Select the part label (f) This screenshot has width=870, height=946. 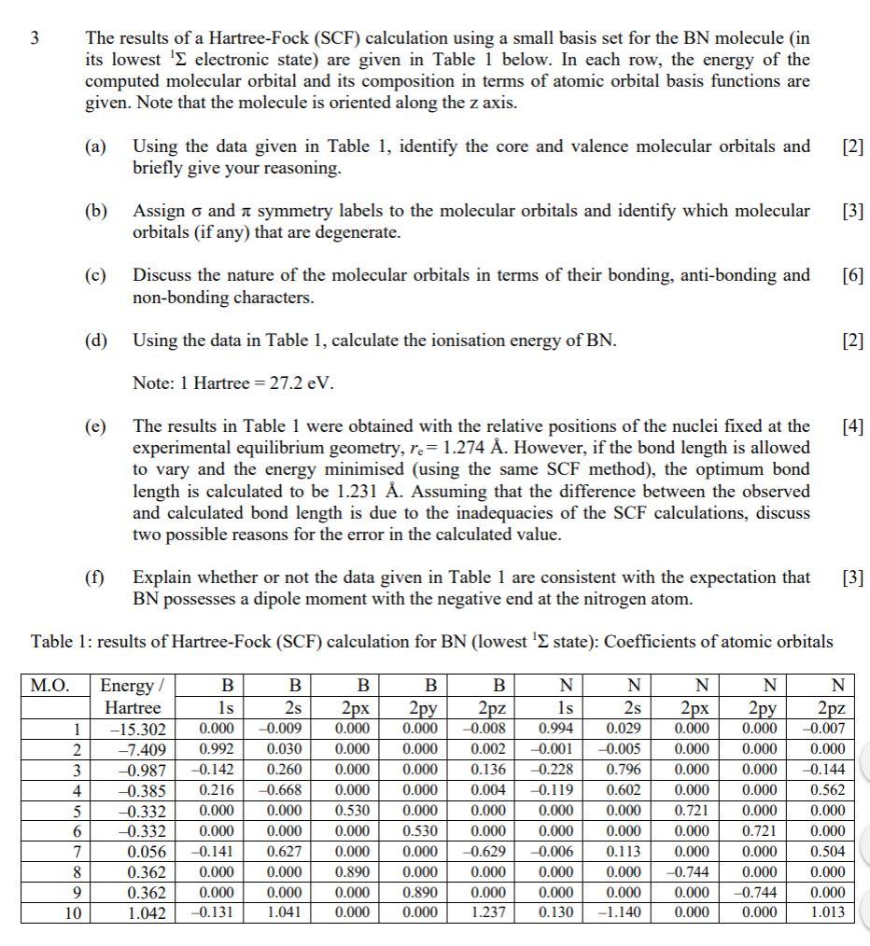point(96,577)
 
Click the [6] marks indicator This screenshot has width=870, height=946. point(851,275)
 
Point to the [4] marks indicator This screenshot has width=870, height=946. point(851,426)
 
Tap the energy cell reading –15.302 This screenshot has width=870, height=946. point(136,729)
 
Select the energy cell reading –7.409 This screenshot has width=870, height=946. point(139,749)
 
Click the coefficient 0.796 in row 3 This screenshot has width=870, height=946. point(624,770)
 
